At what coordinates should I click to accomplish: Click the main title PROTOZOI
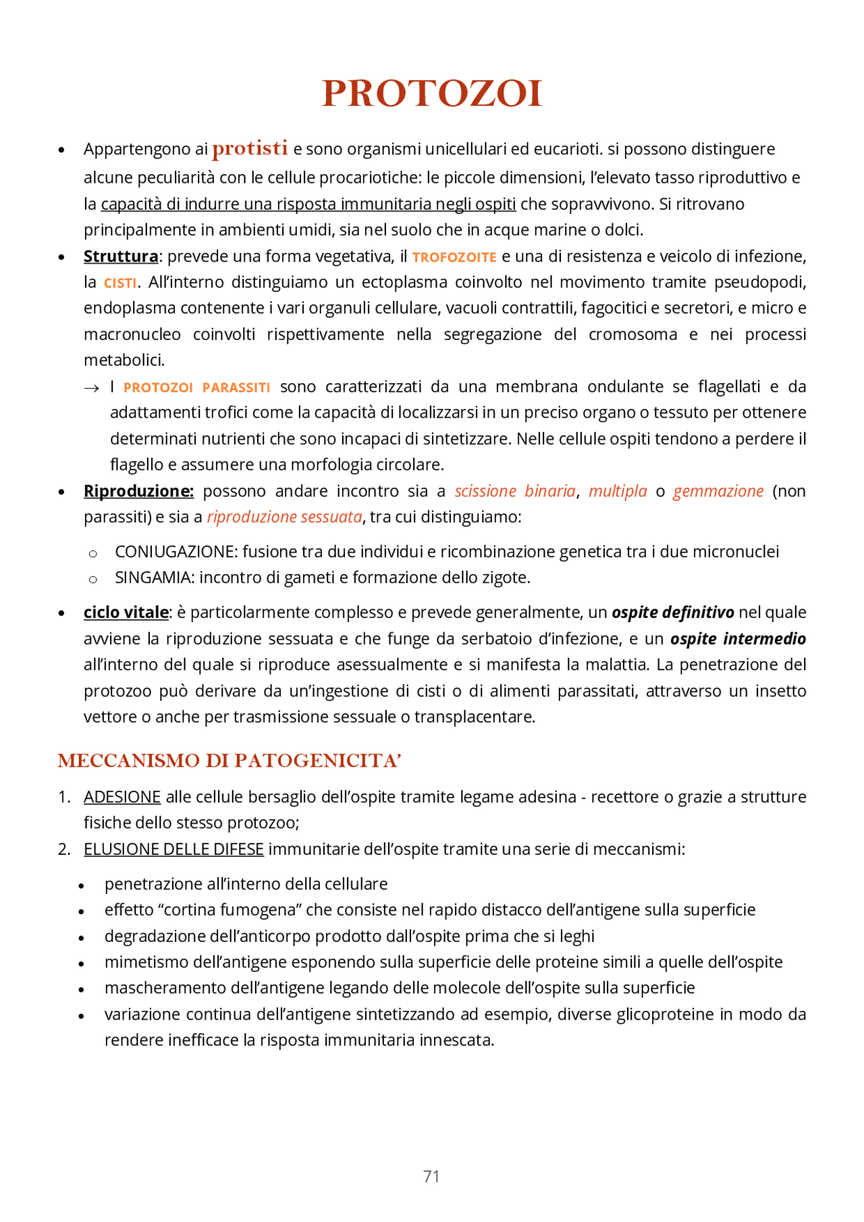pos(432,93)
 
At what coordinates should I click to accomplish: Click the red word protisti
pos(250,148)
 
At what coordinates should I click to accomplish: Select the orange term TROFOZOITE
pos(454,257)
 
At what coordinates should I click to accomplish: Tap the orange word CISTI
pos(120,283)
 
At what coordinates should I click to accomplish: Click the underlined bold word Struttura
pos(121,256)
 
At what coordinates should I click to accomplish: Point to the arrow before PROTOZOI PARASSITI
pos(91,388)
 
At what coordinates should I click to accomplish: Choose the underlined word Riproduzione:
pos(138,491)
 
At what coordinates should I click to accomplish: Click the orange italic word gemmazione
pos(718,491)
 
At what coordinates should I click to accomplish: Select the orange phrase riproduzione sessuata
pos(284,517)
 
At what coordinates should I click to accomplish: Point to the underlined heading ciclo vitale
pos(126,613)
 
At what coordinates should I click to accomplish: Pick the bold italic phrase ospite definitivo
pos(672,613)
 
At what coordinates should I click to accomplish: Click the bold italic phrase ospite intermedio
pos(738,638)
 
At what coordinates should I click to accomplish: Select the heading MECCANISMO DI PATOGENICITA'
pos(230,761)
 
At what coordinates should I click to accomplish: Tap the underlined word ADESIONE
pos(122,797)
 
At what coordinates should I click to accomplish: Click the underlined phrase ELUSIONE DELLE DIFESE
pos(173,850)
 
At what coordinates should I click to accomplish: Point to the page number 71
pos(431,1177)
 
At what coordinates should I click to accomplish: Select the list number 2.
pos(63,850)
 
